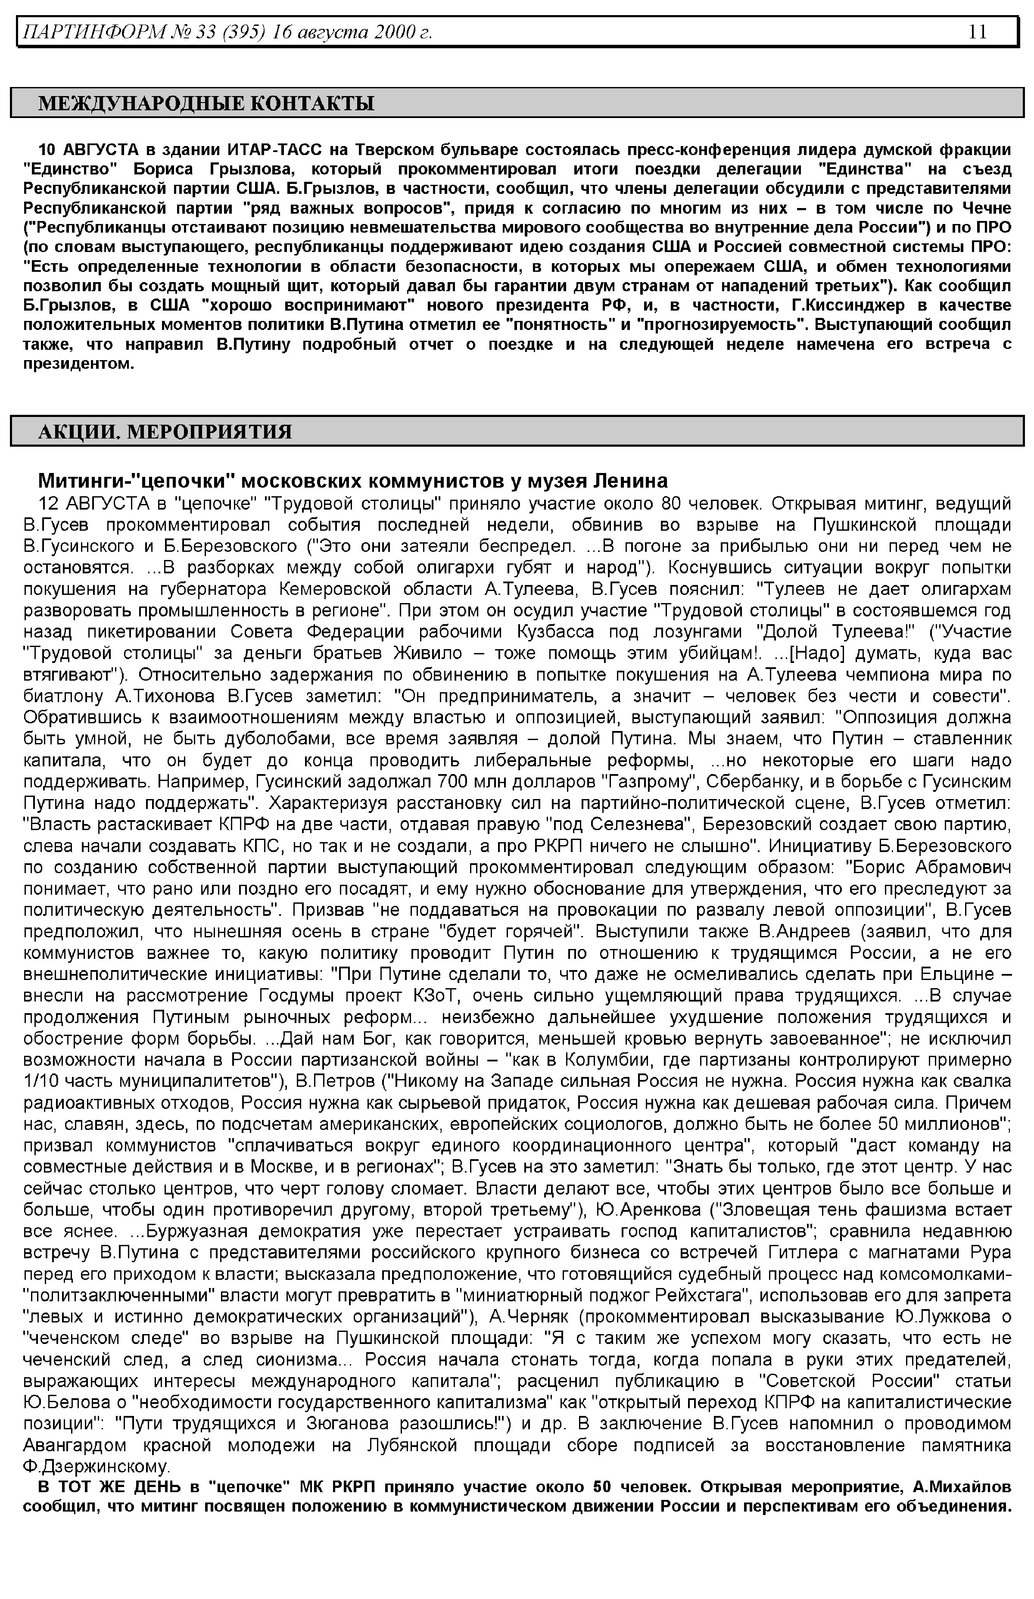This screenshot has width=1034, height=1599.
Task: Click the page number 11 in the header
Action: [x=977, y=31]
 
